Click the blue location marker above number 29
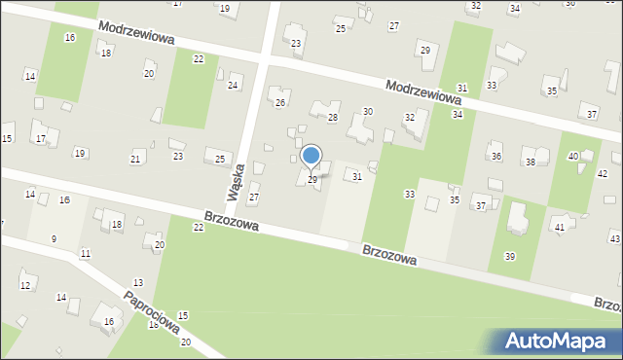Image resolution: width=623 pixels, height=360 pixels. (311, 156)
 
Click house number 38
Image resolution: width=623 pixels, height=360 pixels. (530, 162)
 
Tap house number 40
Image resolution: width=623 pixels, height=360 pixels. (573, 156)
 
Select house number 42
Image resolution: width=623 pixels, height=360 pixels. (603, 173)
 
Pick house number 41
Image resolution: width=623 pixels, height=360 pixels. (559, 227)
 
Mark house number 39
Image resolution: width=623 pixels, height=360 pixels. (510, 256)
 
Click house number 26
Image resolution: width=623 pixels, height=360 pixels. (280, 103)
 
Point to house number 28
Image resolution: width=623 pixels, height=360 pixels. (332, 118)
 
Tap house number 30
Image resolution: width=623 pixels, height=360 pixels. (368, 112)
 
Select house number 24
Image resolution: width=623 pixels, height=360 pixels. (233, 86)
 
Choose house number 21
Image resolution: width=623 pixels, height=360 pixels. (136, 159)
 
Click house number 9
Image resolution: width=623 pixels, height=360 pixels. (54, 238)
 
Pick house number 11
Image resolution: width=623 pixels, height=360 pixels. (86, 254)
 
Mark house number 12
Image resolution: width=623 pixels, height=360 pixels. (25, 285)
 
